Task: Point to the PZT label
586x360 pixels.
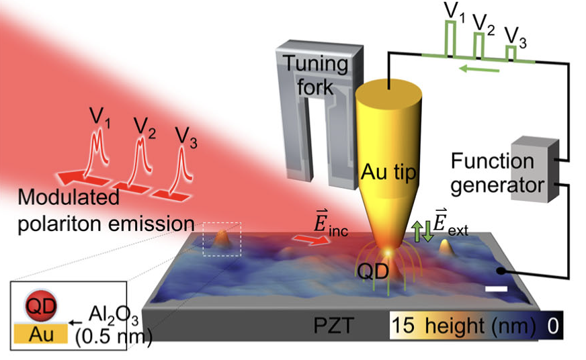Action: pyautogui.click(x=333, y=329)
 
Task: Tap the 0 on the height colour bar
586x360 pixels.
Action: pyautogui.click(x=552, y=327)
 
